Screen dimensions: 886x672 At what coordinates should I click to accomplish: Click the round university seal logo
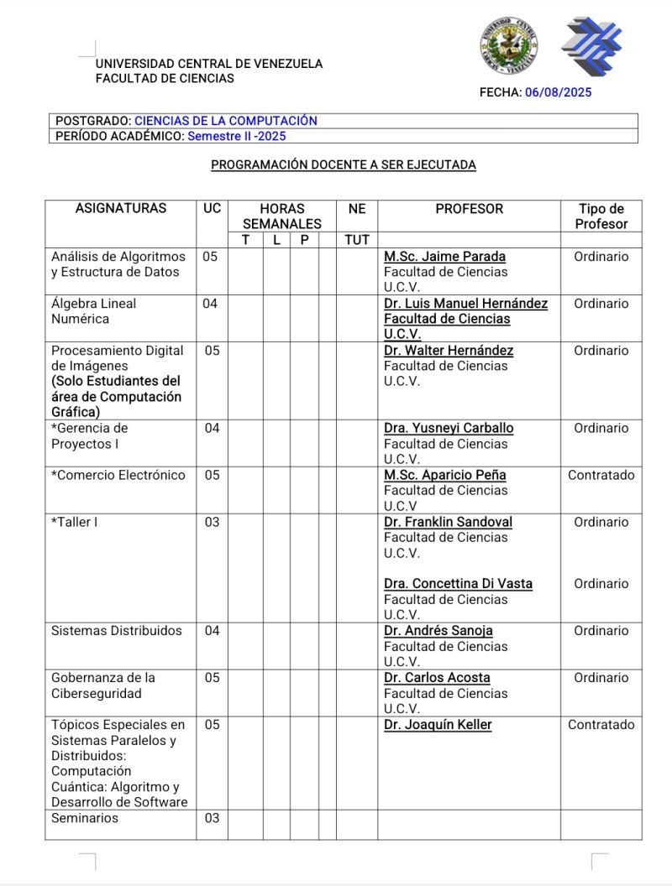(509, 46)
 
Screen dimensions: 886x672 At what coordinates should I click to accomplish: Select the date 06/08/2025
(558, 92)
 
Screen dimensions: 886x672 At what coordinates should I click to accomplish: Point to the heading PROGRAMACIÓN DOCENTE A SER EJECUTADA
(343, 165)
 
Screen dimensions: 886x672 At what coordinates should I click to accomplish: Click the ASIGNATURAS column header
(121, 209)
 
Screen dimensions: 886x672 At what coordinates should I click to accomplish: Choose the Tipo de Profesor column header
(601, 216)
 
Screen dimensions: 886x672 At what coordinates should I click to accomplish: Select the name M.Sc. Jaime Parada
(444, 257)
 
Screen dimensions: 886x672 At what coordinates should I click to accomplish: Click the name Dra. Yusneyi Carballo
(449, 428)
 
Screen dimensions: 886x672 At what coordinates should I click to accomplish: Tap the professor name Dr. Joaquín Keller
(438, 725)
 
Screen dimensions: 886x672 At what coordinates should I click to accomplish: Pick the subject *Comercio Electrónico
(118, 475)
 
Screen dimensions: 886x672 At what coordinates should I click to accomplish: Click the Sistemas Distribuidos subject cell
(117, 631)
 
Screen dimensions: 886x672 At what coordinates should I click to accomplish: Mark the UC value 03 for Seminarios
(212, 818)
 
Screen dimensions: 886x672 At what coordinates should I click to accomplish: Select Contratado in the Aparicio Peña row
(601, 475)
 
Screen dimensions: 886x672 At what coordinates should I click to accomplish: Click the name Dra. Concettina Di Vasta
(458, 584)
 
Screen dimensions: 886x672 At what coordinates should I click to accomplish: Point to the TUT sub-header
(357, 240)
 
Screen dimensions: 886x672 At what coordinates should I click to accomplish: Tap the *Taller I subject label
(75, 522)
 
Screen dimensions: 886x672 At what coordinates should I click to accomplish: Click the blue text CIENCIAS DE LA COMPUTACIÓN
(225, 121)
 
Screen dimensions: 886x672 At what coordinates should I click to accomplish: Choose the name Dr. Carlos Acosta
(437, 678)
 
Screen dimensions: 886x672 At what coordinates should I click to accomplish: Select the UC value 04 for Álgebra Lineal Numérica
(210, 304)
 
